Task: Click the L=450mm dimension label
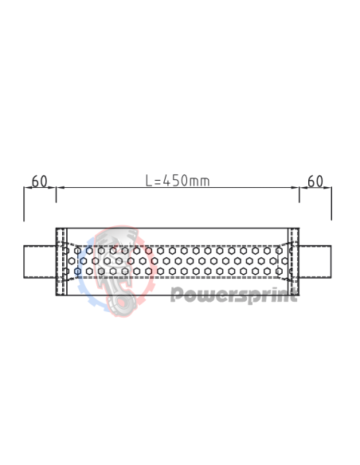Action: click(178, 181)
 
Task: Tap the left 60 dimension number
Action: click(38, 181)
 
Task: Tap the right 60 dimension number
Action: click(315, 181)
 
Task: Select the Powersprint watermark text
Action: click(235, 296)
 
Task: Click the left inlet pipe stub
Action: click(39, 261)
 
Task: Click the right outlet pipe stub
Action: click(315, 261)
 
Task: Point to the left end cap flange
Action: click(61, 261)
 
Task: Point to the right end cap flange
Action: click(294, 261)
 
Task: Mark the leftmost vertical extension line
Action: click(24, 204)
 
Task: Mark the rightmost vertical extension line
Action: click(331, 204)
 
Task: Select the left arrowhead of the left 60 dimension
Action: click(27, 188)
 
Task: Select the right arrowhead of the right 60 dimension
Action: click(328, 188)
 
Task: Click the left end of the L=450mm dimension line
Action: click(59, 188)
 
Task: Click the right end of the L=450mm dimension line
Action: click(296, 188)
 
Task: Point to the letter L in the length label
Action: click(149, 181)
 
